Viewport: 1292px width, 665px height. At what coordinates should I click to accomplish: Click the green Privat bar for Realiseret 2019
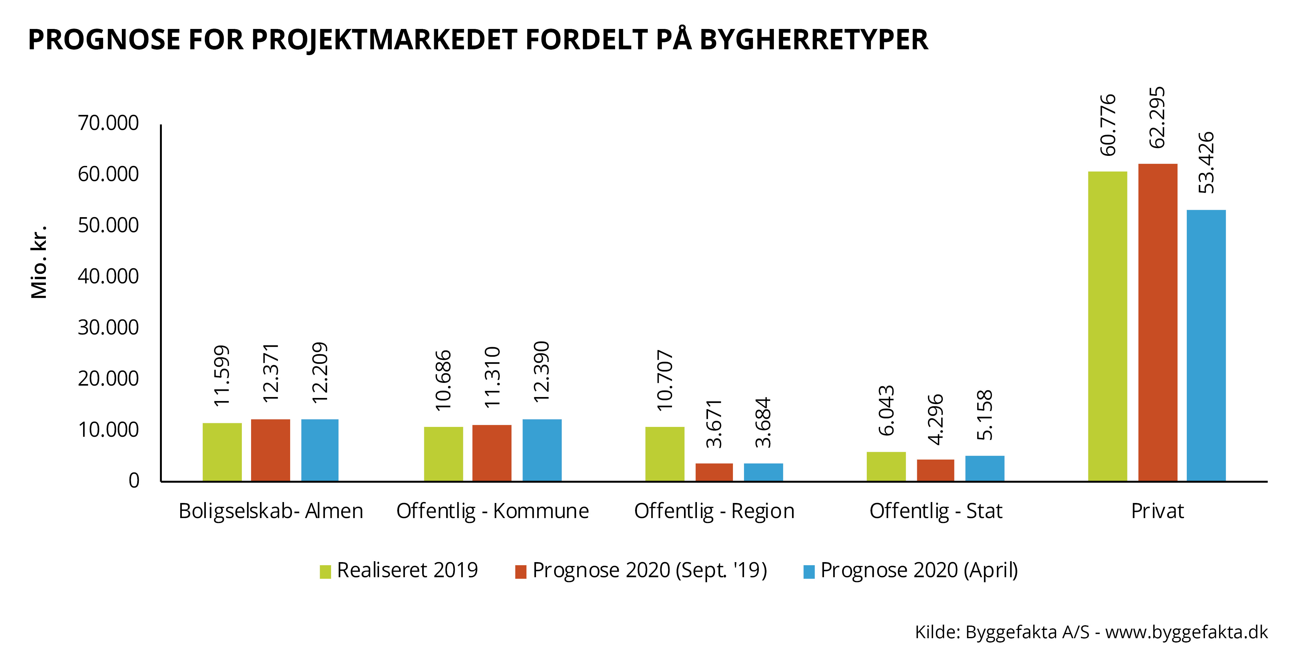(x=1107, y=326)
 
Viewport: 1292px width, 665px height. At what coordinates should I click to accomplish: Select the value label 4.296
(x=935, y=420)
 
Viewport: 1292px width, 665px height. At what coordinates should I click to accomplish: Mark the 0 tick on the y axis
(x=134, y=481)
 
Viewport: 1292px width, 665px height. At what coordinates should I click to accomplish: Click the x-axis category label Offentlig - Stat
(x=935, y=511)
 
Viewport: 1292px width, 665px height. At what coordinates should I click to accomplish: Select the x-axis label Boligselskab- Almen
(x=270, y=511)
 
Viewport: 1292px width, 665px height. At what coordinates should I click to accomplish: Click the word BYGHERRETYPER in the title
(x=813, y=40)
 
